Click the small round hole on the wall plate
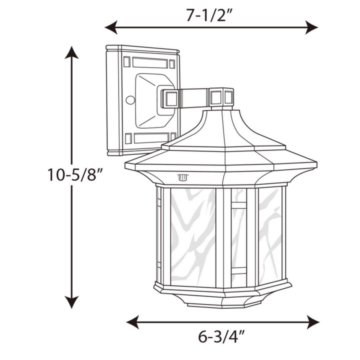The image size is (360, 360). pyautogui.click(x=130, y=100)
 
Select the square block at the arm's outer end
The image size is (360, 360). pyautogui.click(x=221, y=97)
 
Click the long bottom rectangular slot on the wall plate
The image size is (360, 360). pyautogui.click(x=150, y=137)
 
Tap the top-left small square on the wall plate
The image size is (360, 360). pyautogui.click(x=126, y=62)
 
